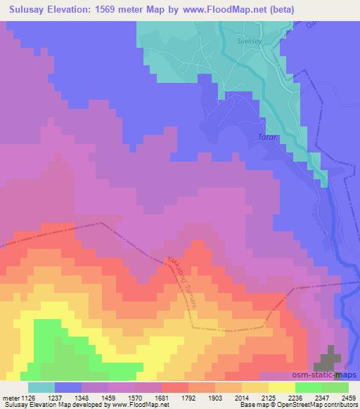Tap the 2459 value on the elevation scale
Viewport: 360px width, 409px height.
coord(350,397)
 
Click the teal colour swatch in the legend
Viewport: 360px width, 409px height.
coord(41,387)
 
